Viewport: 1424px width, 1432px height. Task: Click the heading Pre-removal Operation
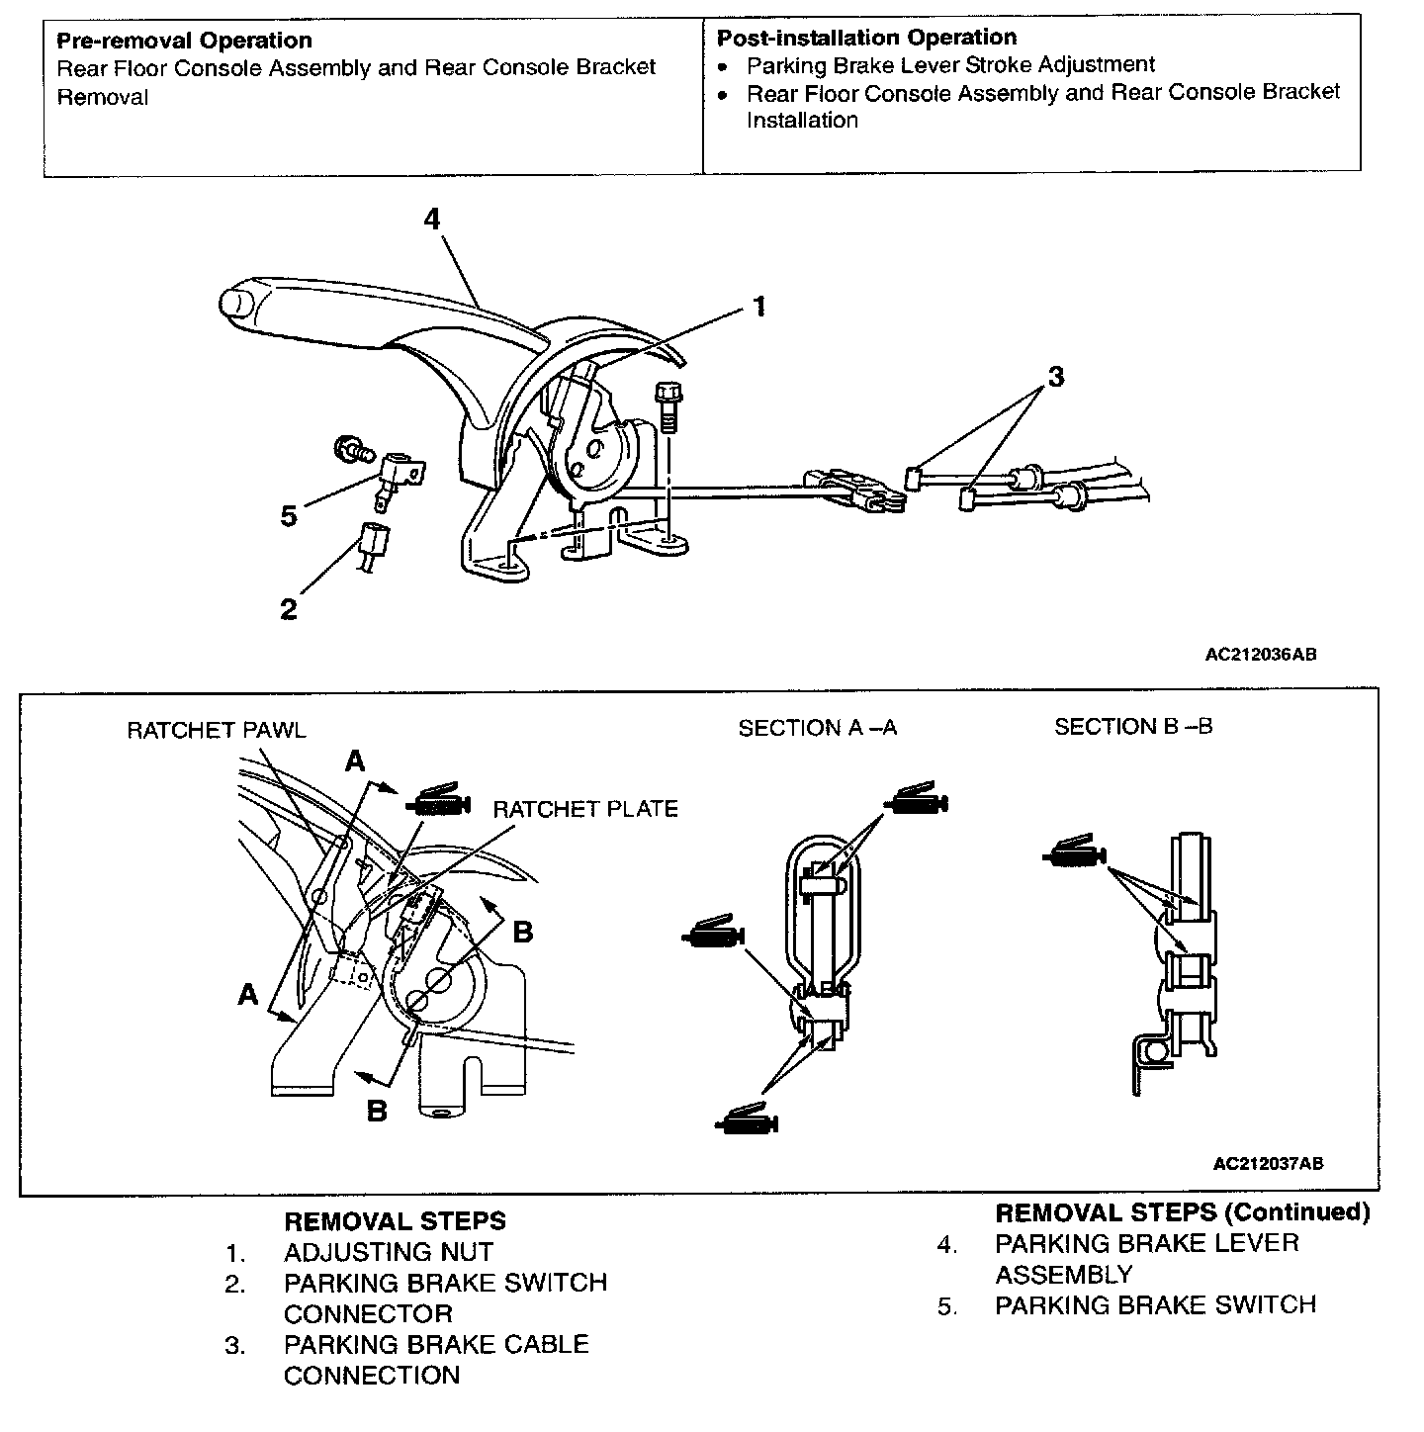184,41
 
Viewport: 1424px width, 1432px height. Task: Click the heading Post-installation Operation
866,38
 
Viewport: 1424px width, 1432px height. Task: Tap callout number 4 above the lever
432,219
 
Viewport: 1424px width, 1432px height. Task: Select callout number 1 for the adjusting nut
758,307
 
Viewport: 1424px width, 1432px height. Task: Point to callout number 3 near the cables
1056,377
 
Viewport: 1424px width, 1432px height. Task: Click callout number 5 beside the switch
289,516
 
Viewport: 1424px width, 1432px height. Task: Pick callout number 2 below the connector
288,609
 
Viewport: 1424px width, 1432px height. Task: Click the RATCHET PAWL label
217,730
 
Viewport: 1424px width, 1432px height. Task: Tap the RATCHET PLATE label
585,809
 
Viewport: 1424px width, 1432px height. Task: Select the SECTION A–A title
818,728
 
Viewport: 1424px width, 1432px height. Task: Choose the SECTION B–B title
1133,727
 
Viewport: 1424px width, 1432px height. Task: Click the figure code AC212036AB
1261,654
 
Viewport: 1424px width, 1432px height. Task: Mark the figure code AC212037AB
1268,1163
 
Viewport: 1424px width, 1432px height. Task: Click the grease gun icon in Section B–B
1075,851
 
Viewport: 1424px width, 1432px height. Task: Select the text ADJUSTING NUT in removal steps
388,1252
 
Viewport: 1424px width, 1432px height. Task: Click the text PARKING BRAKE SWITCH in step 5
1155,1304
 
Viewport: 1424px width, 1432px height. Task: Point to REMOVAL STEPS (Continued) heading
1182,1211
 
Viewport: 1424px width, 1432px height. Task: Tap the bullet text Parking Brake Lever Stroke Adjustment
950,64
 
